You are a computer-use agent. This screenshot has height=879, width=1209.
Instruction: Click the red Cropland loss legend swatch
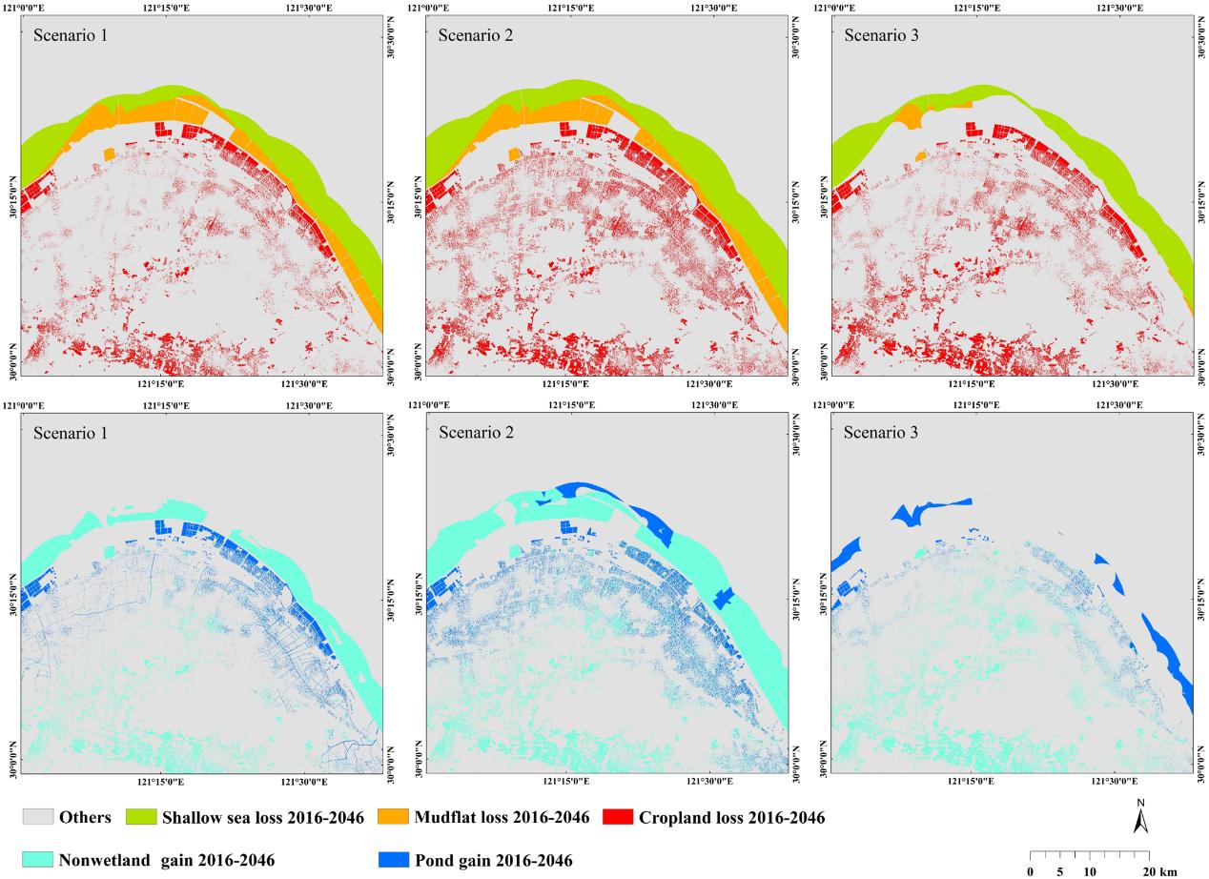pyautogui.click(x=618, y=816)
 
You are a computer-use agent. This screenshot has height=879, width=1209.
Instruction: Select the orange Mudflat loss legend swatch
pyautogui.click(x=393, y=816)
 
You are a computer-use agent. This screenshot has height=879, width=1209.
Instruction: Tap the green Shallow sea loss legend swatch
pyautogui.click(x=141, y=816)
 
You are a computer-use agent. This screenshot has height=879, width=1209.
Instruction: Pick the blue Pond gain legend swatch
pyautogui.click(x=394, y=859)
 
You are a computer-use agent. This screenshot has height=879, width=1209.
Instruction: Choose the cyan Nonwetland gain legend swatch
pyautogui.click(x=38, y=859)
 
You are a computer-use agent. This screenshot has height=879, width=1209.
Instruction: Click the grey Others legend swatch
pyautogui.click(x=38, y=816)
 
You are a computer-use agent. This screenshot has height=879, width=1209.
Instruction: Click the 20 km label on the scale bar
pyautogui.click(x=1159, y=871)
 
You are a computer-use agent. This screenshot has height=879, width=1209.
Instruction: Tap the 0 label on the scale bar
pyautogui.click(x=1030, y=871)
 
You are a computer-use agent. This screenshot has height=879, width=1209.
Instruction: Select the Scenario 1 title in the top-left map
pyautogui.click(x=71, y=35)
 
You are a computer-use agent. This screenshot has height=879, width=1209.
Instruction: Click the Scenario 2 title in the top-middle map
pyautogui.click(x=476, y=35)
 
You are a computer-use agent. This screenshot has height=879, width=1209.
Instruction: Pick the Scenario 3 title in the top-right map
pyautogui.click(x=881, y=35)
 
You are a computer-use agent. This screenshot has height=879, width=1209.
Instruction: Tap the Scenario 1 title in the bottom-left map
pyautogui.click(x=71, y=433)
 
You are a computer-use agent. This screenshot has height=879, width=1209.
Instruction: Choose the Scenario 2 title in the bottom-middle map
pyautogui.click(x=476, y=432)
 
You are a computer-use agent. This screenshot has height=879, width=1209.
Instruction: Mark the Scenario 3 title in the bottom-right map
pyautogui.click(x=880, y=432)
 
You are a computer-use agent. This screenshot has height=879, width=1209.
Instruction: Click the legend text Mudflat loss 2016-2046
pyautogui.click(x=502, y=817)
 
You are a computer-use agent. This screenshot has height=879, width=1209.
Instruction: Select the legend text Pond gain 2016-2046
pyautogui.click(x=493, y=860)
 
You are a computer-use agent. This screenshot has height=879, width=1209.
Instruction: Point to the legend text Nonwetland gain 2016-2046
pyautogui.click(x=167, y=860)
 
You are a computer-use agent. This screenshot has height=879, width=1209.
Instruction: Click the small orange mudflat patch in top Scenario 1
pyautogui.click(x=110, y=154)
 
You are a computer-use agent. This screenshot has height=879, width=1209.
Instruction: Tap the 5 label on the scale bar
pyautogui.click(x=1059, y=871)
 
